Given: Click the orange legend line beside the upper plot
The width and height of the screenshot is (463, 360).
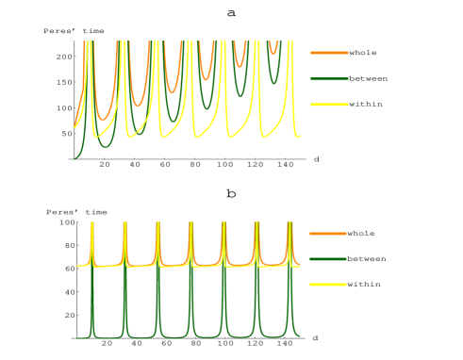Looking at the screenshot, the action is [329, 53].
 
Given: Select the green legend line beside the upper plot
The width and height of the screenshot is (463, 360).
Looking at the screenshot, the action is [329, 79].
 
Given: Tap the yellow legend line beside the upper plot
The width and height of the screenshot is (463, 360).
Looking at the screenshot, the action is [329, 105].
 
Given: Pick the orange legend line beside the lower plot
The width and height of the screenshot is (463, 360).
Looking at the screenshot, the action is [328, 233].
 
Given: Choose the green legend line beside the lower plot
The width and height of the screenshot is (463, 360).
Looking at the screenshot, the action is [328, 259].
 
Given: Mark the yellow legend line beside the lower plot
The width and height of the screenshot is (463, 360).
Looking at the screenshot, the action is [328, 285].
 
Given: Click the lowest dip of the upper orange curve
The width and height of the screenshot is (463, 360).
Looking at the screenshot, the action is [104, 119].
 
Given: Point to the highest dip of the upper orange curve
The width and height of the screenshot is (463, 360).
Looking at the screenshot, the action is [273, 53].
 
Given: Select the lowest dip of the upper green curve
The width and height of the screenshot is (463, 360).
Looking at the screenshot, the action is [106, 146].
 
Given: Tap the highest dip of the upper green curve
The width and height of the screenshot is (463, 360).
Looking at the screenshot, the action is [273, 81].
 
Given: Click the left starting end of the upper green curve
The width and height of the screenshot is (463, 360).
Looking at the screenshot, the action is [75, 158].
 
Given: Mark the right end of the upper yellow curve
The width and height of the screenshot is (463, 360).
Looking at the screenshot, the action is [300, 137].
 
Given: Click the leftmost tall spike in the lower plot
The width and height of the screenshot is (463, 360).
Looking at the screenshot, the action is [92, 224].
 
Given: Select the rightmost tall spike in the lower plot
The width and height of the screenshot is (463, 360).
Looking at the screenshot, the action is [289, 224].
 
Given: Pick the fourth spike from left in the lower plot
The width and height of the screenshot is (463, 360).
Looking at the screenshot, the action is [190, 224].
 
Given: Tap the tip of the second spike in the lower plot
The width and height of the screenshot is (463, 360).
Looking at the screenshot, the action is [125, 223].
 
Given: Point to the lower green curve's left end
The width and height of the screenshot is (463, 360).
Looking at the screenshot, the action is [76, 336].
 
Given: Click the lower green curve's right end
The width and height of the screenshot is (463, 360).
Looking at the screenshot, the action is [300, 336].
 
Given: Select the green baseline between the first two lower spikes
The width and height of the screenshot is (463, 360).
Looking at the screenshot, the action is [108, 336].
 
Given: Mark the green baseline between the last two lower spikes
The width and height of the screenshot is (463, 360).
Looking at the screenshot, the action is [273, 336].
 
